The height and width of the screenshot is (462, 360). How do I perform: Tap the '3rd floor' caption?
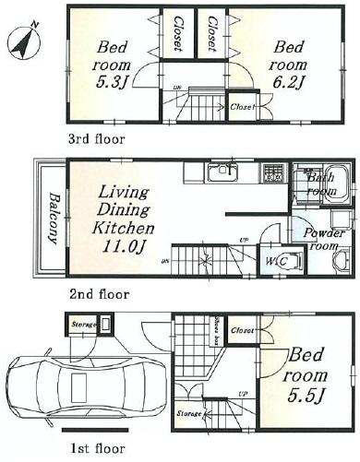pos(96,140)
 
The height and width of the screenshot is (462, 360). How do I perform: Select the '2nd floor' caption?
pos(98,295)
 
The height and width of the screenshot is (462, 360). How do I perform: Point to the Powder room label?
pos(324,240)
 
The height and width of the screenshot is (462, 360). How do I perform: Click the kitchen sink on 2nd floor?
pos(222,172)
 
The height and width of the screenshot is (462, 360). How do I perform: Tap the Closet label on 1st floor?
pos(244,329)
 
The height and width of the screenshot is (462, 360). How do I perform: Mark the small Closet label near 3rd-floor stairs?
pos(242,107)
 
